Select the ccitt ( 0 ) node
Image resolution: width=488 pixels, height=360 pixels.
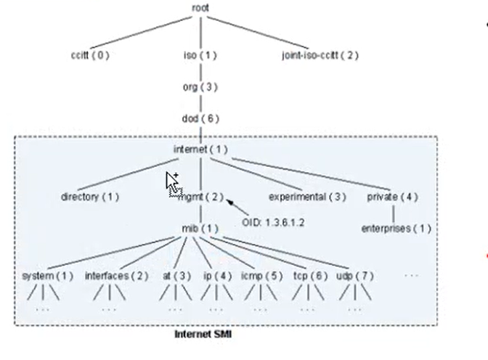[x=89, y=55]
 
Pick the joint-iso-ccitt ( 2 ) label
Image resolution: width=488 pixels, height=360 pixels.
[x=320, y=55]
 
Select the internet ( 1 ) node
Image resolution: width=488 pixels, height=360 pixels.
[x=200, y=150]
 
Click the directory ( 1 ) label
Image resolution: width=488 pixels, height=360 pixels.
[x=90, y=197]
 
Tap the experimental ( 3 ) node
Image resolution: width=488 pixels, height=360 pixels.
[x=308, y=197]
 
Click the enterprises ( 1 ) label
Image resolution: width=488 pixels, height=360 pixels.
[x=396, y=229]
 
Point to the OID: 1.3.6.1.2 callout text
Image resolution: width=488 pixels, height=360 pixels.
[x=273, y=222]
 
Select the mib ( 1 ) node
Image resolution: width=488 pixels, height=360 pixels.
[x=200, y=229]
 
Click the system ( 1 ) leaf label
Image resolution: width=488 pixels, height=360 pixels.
[x=48, y=277]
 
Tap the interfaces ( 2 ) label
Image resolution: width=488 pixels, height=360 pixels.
[x=117, y=277]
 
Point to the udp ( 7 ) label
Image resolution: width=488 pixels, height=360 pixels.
[x=354, y=277]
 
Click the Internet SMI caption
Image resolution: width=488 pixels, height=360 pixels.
[x=203, y=335]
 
